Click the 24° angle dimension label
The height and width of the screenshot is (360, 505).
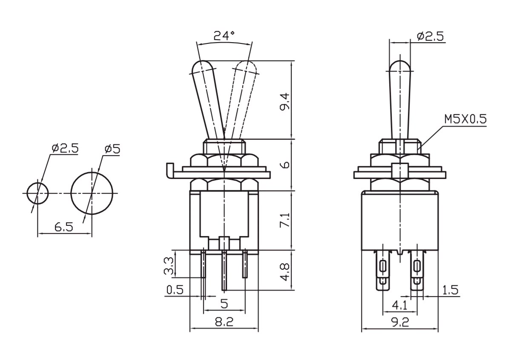(x=224, y=35)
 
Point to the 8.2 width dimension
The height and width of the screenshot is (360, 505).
(x=224, y=321)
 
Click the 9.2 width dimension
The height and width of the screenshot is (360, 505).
(x=400, y=322)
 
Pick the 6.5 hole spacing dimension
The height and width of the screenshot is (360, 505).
(x=64, y=227)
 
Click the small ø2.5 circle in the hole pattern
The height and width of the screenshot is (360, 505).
(x=37, y=193)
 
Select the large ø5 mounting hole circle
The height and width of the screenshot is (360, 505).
(x=92, y=193)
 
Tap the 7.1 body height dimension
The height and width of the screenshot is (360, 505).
(x=285, y=220)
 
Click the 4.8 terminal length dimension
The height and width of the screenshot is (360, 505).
(x=285, y=271)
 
